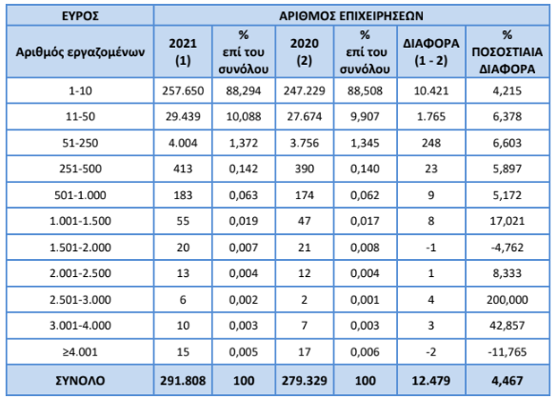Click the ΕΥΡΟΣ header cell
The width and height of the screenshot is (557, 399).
[x=80, y=16]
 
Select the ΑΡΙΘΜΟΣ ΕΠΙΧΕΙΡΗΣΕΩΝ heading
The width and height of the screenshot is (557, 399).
[x=351, y=16]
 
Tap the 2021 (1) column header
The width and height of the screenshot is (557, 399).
[x=183, y=51]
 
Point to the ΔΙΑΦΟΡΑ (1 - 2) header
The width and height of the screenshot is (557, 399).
[x=431, y=51]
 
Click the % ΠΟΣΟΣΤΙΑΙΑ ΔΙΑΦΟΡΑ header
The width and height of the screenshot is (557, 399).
[x=507, y=51]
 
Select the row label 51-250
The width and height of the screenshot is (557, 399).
[x=80, y=143]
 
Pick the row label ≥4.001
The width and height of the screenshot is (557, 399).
[x=80, y=351]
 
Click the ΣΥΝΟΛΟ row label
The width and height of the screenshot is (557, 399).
[x=80, y=381]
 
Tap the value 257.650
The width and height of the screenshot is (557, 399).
[x=183, y=90]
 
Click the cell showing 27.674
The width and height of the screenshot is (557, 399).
[x=305, y=116]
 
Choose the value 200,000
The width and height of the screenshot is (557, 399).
[x=507, y=300]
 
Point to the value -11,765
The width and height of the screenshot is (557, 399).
[x=507, y=351]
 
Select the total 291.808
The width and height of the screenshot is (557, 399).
[x=183, y=381]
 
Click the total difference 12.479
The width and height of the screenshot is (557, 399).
[x=431, y=381]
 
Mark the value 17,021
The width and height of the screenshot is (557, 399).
[x=507, y=221]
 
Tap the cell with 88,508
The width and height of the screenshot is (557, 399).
[x=366, y=90]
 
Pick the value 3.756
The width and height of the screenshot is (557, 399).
[x=305, y=143]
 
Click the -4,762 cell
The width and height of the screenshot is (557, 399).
[x=507, y=247]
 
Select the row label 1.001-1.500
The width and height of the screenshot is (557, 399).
[x=80, y=221]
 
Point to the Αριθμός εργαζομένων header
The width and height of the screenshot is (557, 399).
[x=80, y=52]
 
